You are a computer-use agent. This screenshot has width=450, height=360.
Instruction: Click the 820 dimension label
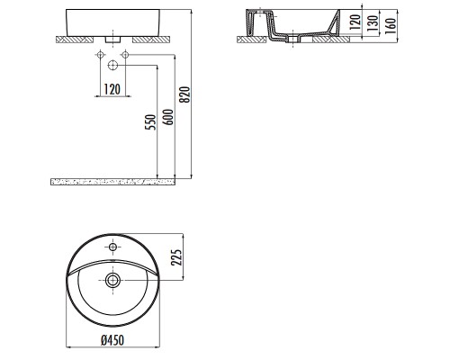pyautogui.click(x=186, y=94)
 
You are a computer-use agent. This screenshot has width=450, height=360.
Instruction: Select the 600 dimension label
pyautogui.click(x=169, y=117)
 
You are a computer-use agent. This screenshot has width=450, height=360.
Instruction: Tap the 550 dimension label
pyautogui.click(x=151, y=122)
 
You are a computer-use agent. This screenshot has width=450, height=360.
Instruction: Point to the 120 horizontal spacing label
pyautogui.click(x=112, y=89)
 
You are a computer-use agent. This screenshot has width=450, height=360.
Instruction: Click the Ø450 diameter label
pyautogui.click(x=112, y=340)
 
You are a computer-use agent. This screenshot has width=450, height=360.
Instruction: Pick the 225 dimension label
pyautogui.click(x=176, y=257)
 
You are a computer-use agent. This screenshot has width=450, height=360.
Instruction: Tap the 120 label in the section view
pyautogui.click(x=355, y=22)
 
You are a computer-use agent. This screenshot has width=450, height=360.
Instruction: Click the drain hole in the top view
pyautogui.click(x=112, y=281)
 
